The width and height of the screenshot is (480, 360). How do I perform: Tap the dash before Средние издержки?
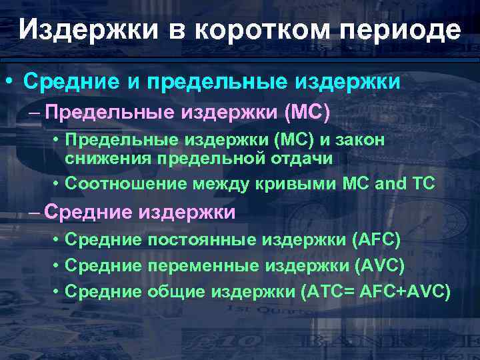tap(33, 213)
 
